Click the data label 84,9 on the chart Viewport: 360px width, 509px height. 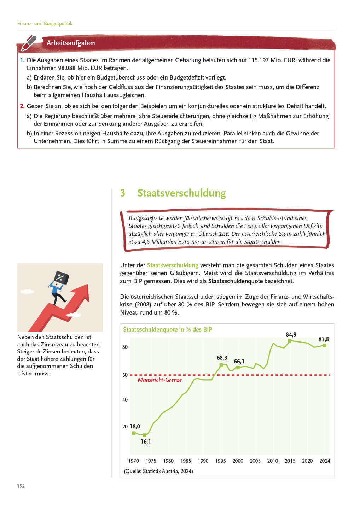(291, 334)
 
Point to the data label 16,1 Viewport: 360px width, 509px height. (146, 441)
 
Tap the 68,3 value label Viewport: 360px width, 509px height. (222, 358)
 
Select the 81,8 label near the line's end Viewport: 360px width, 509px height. (324, 339)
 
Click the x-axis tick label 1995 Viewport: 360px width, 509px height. (220, 461)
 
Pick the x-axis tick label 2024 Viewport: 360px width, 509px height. (325, 461)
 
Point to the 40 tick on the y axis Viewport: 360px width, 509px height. (125, 399)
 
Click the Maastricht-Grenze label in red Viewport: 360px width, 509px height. (160, 380)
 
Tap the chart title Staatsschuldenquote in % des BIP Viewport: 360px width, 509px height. (168, 329)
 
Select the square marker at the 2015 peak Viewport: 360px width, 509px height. (290, 341)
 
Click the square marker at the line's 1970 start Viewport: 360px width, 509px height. (134, 433)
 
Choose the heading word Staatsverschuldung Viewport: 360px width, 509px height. (181, 193)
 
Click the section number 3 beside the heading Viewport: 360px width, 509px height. (123, 193)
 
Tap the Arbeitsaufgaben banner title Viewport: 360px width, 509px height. (71, 43)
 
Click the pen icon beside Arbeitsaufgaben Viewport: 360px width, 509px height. (29, 43)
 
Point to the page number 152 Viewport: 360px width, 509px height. (21, 486)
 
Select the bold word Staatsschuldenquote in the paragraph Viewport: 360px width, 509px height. (235, 281)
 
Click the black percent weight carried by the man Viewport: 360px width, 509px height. (61, 277)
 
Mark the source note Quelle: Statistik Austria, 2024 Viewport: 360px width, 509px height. (158, 471)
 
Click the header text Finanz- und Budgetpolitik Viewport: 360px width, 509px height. (45, 23)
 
